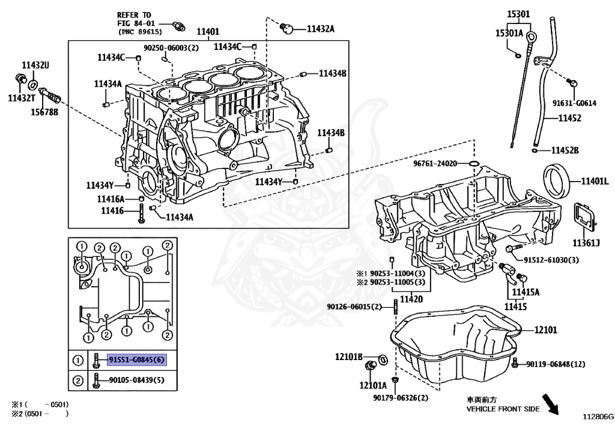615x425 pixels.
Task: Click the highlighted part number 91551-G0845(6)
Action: coord(137,359)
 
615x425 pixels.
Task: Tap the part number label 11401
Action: coord(208,31)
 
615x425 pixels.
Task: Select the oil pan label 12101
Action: coord(545,330)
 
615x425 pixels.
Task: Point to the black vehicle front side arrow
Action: coord(550,405)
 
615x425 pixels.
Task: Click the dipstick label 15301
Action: coord(518,14)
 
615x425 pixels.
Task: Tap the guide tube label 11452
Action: coord(569,118)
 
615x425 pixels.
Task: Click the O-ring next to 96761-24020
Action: coord(474,163)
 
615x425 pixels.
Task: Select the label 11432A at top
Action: coord(321,29)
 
